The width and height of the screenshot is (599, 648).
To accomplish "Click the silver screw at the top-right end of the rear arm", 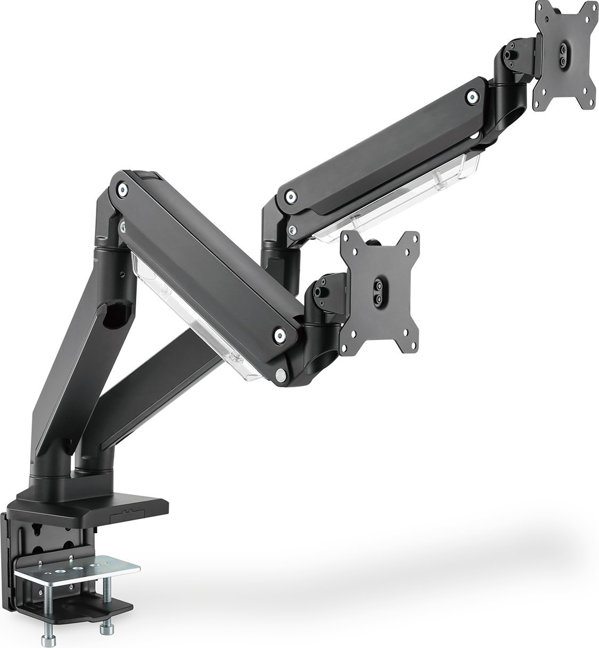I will pyautogui.click(x=471, y=96).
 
